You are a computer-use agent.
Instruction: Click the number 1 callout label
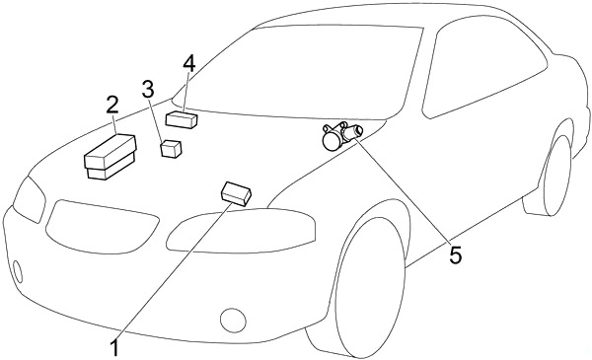point(115,346)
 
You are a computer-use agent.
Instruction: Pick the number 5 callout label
point(455,255)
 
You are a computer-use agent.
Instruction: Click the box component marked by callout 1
point(238,192)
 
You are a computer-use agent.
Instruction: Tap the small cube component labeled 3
point(172,149)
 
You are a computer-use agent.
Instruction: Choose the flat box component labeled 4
point(183,121)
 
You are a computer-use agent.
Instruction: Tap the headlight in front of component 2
point(29,202)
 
